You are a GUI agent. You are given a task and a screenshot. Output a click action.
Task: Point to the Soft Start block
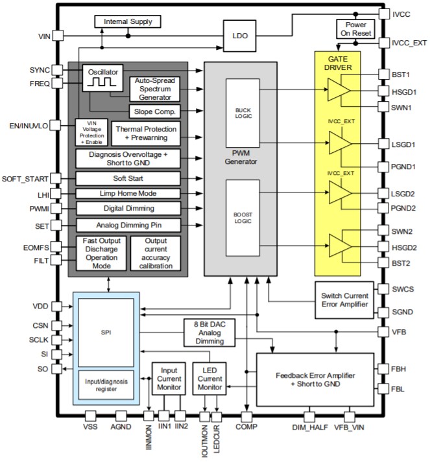[x=127, y=178]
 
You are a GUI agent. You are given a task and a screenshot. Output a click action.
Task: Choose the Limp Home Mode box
[x=127, y=193]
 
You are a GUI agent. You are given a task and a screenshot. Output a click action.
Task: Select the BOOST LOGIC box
[x=243, y=219]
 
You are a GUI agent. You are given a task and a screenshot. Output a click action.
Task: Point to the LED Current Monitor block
[x=209, y=378]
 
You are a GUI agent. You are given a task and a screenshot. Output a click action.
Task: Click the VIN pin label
[x=40, y=36]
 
